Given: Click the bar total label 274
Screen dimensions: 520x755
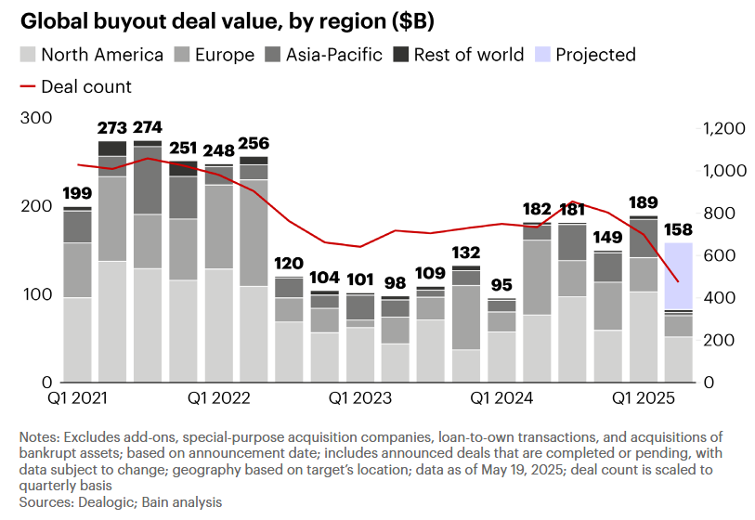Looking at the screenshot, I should (148, 127).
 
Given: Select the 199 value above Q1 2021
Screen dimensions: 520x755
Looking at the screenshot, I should (77, 193).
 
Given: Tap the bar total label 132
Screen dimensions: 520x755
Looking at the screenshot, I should (467, 253).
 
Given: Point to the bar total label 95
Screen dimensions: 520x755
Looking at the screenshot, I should (502, 285).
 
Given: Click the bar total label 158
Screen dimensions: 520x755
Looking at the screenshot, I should (679, 228).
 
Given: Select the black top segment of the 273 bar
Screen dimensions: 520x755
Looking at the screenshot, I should (112, 149).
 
